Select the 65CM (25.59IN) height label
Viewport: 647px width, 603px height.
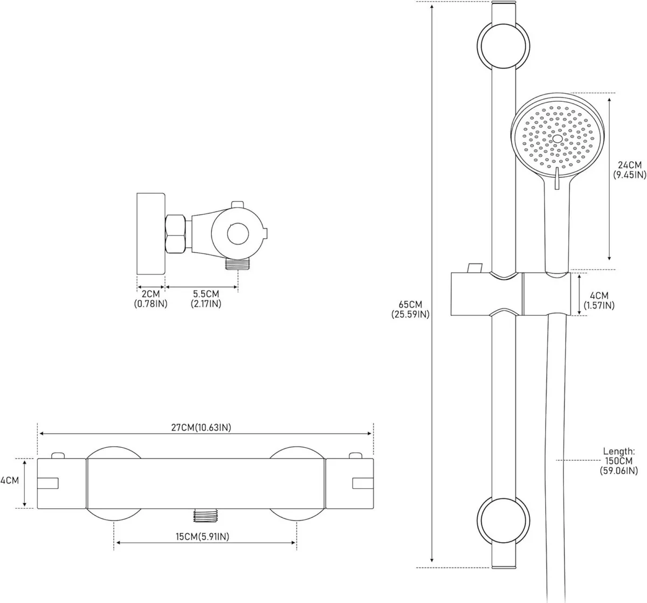coord(410,308)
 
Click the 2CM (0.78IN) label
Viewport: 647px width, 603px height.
coord(150,299)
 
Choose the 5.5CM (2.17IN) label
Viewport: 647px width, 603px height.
coord(205,299)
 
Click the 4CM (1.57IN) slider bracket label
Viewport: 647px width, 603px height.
coord(598,301)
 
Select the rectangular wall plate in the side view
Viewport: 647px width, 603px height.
coord(150,233)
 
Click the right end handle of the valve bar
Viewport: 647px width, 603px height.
coord(349,483)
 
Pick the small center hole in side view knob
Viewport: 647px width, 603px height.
coord(236,232)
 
